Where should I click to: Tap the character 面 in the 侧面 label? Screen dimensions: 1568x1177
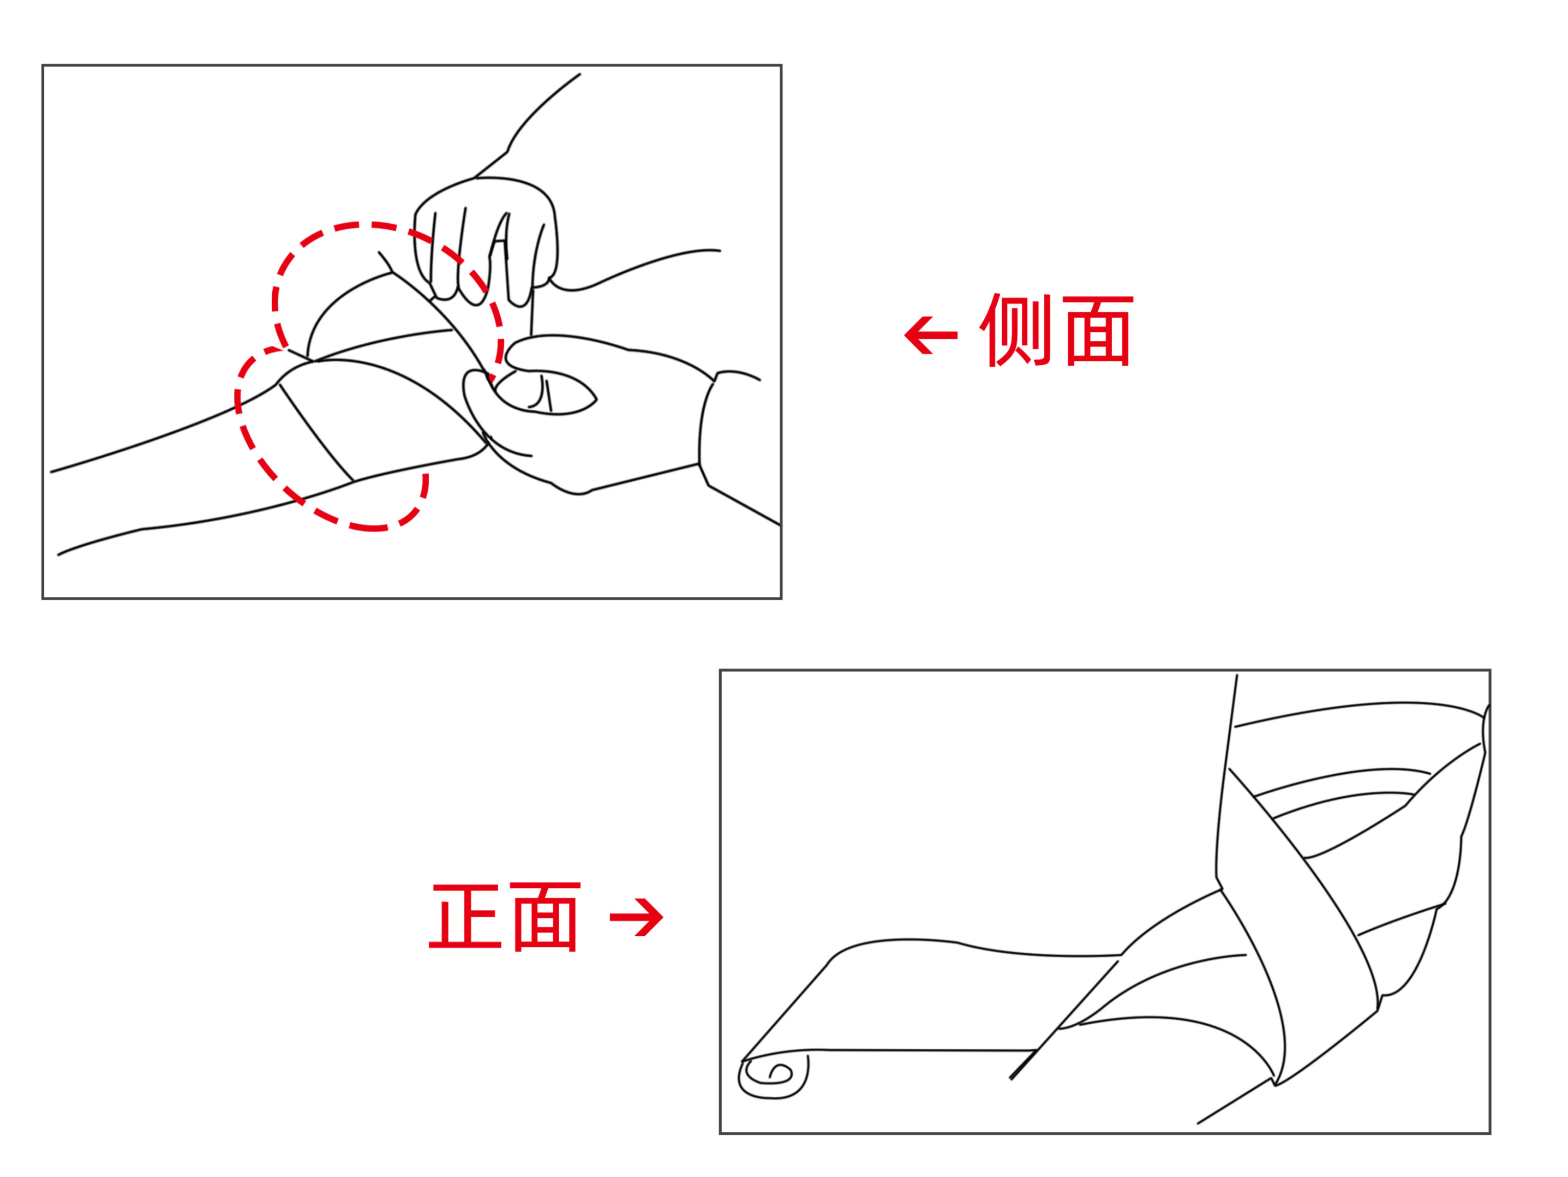click(1098, 331)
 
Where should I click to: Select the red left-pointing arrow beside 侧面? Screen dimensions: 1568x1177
click(931, 334)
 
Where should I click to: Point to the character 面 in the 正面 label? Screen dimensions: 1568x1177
click(545, 916)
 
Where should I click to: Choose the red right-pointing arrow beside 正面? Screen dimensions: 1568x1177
click(636, 917)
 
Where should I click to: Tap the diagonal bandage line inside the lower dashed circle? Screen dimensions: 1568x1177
click(315, 433)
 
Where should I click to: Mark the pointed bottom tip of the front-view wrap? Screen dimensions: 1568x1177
click(1274, 1085)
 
